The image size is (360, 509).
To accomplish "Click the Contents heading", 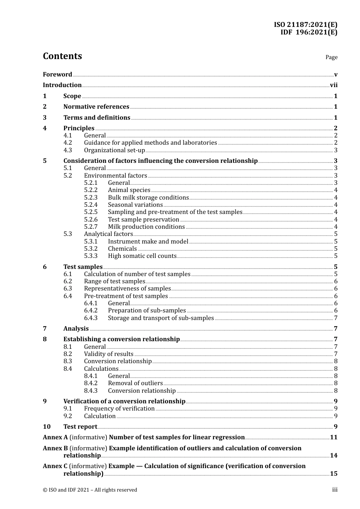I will click(62, 56).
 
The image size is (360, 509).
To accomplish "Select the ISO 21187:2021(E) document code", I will click(305, 25).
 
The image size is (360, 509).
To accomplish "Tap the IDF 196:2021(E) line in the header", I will click(308, 32).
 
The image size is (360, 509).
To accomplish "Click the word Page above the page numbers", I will click(331, 57).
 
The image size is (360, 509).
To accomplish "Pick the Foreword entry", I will click(57, 75).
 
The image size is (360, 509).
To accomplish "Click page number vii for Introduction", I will click(333, 85).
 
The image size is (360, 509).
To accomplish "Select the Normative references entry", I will click(96, 107).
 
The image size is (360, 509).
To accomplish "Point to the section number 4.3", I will click(67, 150).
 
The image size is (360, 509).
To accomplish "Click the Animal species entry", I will click(129, 190).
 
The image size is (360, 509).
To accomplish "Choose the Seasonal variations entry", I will click(135, 205).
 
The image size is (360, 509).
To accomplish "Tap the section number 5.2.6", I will click(91, 220).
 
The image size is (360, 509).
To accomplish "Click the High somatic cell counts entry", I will click(142, 256).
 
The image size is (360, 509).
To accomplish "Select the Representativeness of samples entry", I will click(127, 289).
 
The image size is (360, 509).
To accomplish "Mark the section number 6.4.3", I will click(91, 318).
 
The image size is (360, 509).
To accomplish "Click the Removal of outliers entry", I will click(135, 383).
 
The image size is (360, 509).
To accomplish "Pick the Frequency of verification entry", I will click(119, 409).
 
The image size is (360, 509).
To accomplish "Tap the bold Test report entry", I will click(80, 427).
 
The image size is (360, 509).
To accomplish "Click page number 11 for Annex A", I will click(333, 437).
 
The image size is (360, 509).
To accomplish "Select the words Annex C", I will click(55, 466).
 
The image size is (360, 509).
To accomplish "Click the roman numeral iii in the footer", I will click(335, 490).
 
